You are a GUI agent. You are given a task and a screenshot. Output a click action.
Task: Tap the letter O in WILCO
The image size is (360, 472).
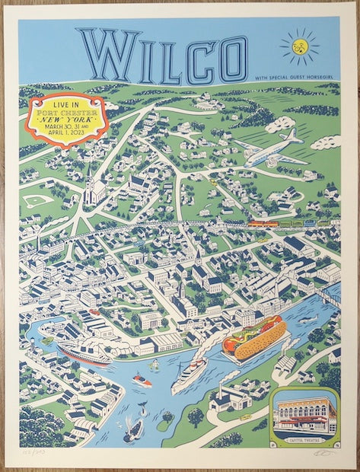231,59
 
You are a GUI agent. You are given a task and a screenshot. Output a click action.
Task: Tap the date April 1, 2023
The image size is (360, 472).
68,136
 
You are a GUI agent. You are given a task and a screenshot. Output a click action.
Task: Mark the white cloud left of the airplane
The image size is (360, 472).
280,124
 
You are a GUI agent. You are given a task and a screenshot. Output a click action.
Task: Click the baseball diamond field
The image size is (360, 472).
37,200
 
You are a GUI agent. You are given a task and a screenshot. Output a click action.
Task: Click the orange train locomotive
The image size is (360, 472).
263,224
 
